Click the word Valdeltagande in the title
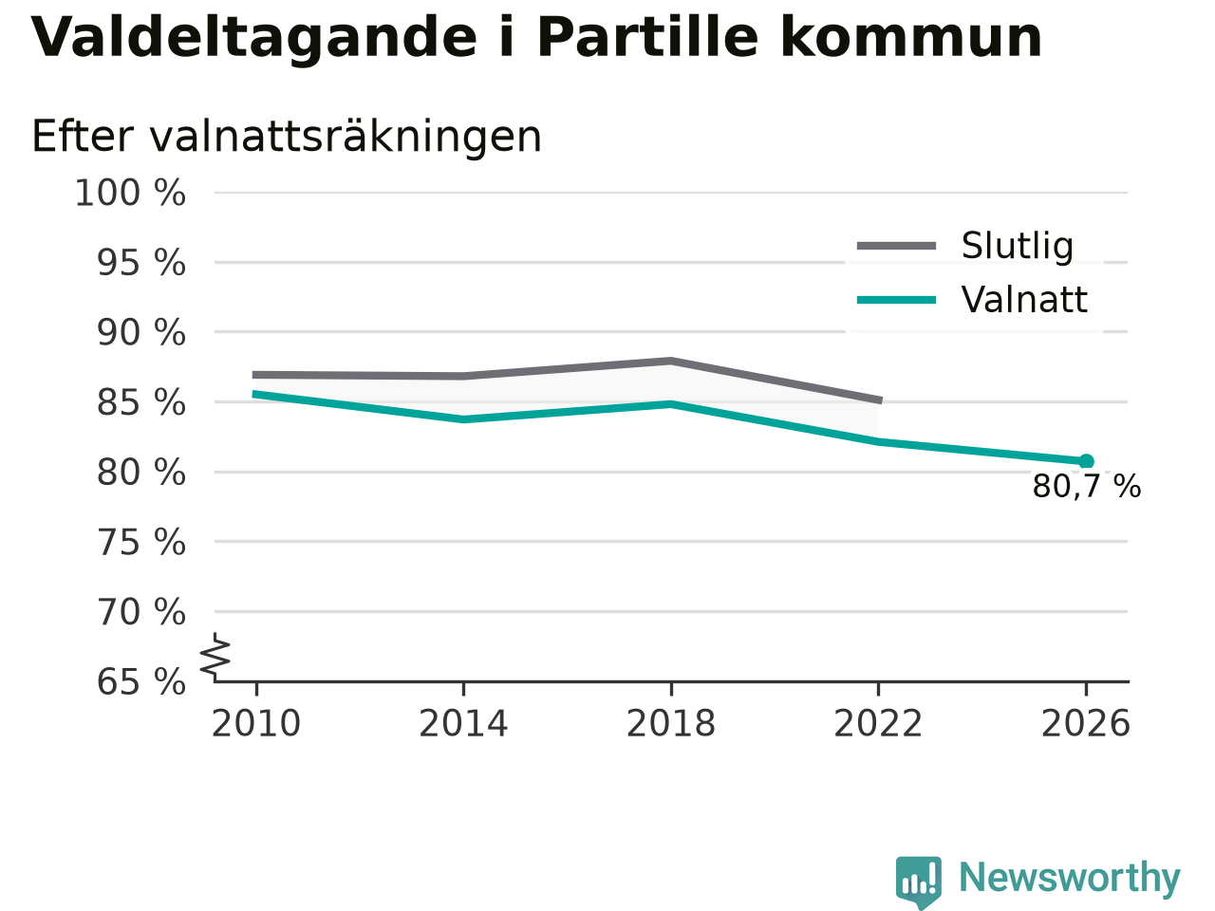click(x=253, y=38)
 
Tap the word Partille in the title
click(x=647, y=37)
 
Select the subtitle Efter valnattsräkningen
click(x=286, y=136)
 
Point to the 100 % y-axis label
click(x=130, y=194)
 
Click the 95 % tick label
click(x=141, y=263)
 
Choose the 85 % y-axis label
click(x=141, y=402)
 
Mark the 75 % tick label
click(x=141, y=542)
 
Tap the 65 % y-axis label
click(x=141, y=681)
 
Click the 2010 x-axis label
click(x=255, y=723)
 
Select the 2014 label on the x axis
click(x=463, y=723)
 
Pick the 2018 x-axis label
click(x=671, y=723)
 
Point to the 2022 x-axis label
click(x=878, y=723)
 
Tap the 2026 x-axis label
click(x=1086, y=723)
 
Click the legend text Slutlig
click(x=1018, y=246)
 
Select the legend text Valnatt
click(x=1024, y=300)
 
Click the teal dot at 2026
click(x=1086, y=461)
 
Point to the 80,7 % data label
click(x=1087, y=487)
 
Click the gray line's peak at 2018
click(x=671, y=362)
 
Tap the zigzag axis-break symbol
click(x=215, y=657)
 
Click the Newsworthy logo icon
click(x=919, y=881)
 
